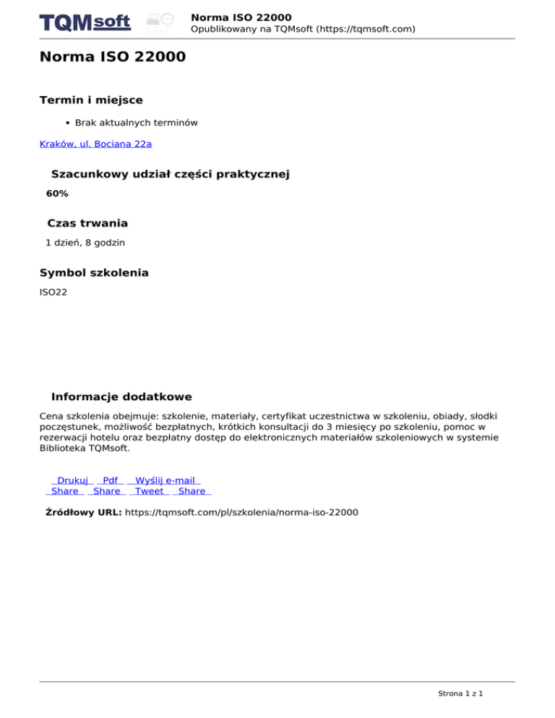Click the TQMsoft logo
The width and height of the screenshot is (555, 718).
click(x=85, y=22)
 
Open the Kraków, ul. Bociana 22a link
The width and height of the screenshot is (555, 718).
click(x=95, y=144)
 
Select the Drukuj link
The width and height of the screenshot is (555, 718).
click(x=72, y=480)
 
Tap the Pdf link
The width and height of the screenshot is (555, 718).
click(x=111, y=480)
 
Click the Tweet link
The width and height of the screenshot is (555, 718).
click(x=150, y=491)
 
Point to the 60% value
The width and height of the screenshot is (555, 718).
click(x=57, y=194)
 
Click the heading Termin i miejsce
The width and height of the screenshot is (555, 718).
click(x=91, y=100)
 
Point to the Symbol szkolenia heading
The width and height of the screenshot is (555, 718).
click(x=94, y=273)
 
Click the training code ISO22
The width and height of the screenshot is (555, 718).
click(x=53, y=293)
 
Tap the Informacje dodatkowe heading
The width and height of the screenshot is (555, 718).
click(x=121, y=397)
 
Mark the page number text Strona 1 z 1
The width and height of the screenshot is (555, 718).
click(x=460, y=693)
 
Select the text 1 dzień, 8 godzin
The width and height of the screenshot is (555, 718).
click(x=85, y=243)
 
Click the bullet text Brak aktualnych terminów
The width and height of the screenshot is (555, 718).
click(x=137, y=124)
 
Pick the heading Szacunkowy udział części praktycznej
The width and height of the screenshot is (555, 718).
click(x=171, y=174)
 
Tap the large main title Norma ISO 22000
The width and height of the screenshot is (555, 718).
click(x=113, y=56)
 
